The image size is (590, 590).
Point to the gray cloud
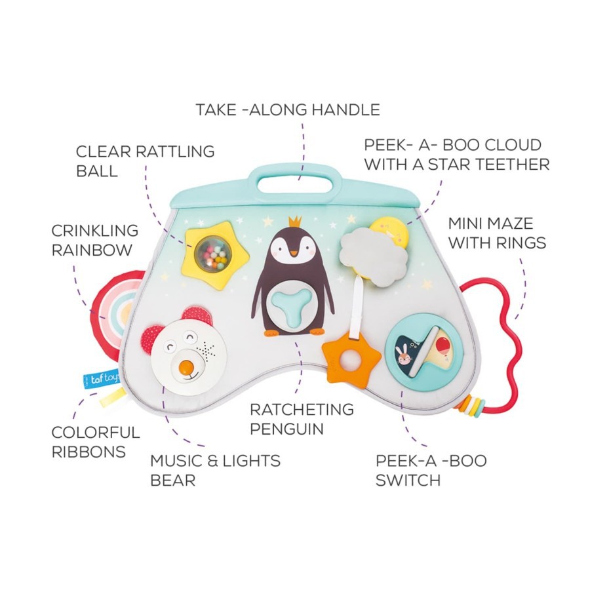coord(374,256)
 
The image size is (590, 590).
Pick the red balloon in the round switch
coord(441,344)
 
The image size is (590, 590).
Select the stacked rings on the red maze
coord(467,404)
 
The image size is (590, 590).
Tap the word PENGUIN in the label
coord(287,429)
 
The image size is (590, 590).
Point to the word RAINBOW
coord(92,249)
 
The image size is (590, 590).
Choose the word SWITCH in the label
coord(408,480)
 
